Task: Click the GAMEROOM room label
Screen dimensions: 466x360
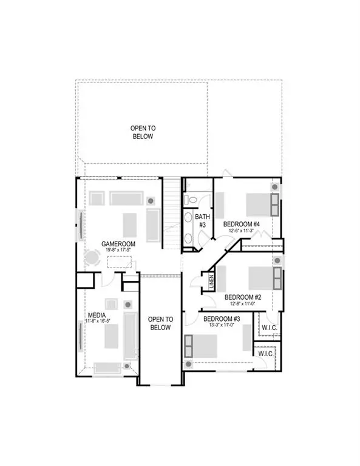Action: (x=118, y=243)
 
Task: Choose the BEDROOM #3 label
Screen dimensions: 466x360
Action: (x=222, y=319)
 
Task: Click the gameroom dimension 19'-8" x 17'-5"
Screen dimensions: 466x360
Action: (x=118, y=250)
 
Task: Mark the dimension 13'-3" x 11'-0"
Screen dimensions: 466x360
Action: (x=222, y=326)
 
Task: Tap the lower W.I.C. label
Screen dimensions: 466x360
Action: (x=265, y=354)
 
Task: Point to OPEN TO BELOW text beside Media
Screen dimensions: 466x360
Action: (x=161, y=323)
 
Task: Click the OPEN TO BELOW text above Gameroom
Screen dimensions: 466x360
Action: (x=142, y=132)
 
